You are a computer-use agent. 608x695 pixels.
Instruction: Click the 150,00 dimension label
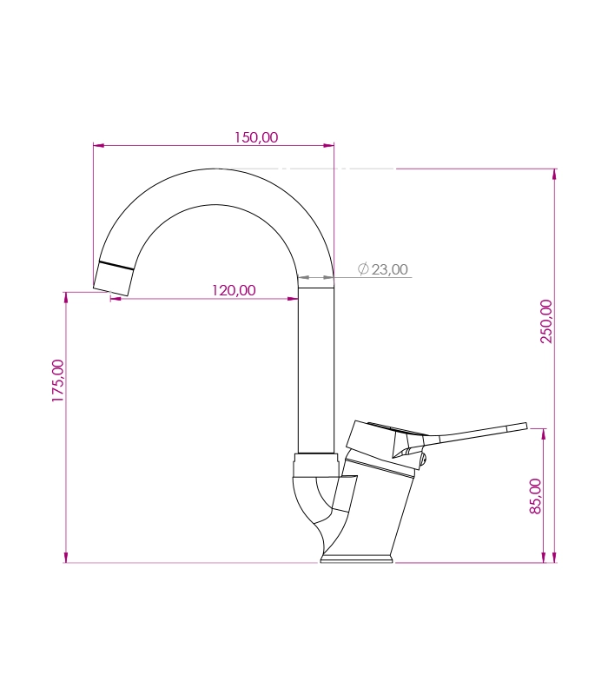coord(256,137)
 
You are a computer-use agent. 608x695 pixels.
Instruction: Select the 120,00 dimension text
coord(234,290)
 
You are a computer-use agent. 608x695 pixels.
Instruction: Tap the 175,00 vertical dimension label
coord(58,381)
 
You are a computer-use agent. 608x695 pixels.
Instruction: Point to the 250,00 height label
coord(546,321)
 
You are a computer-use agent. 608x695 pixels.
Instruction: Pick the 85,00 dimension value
coord(536,496)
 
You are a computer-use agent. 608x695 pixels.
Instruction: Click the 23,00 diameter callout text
coord(389,269)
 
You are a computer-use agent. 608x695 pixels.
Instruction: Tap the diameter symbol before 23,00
coord(363,268)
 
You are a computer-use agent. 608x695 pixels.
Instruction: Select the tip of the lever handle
coord(526,426)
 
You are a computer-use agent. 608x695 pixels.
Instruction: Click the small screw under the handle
coord(423,460)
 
